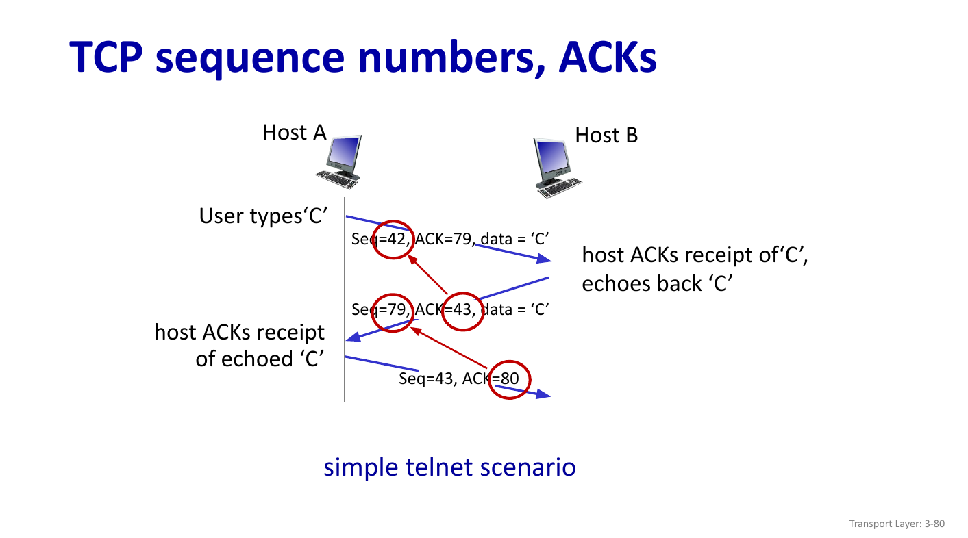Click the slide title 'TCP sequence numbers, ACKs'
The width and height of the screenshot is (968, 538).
click(x=363, y=57)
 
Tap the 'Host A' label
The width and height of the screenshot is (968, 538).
click(x=294, y=133)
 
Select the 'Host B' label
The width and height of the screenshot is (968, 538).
click(x=606, y=136)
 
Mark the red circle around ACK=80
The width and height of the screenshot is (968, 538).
click(x=510, y=379)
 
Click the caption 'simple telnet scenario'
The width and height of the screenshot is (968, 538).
click(x=449, y=467)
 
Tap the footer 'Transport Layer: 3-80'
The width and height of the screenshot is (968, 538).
click(x=897, y=524)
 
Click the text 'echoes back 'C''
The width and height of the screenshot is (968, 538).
click(x=653, y=283)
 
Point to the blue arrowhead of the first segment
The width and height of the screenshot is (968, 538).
click(x=545, y=259)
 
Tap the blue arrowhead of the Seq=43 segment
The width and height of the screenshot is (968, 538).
click(x=545, y=395)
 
